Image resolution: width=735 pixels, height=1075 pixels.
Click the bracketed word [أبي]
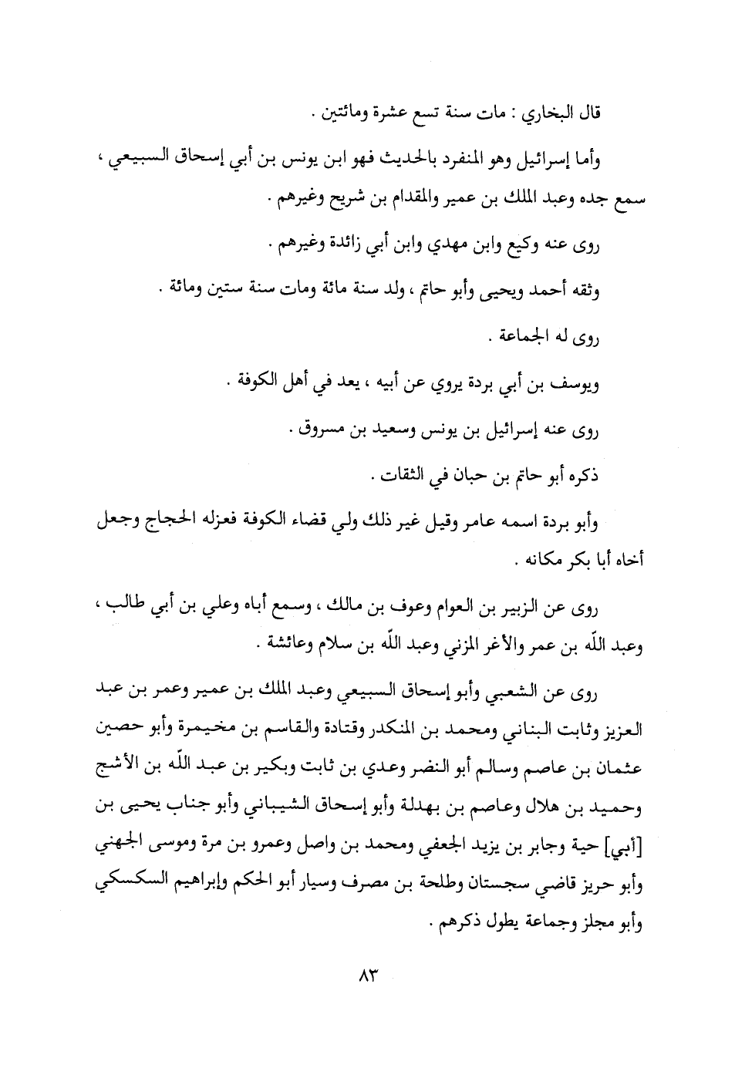(x=628, y=849)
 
